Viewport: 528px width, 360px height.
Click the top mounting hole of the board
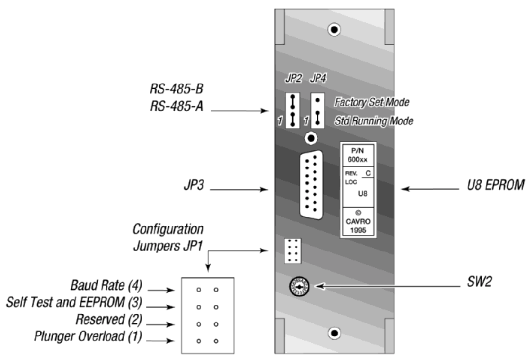[335, 30]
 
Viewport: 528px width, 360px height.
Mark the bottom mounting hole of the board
[335, 333]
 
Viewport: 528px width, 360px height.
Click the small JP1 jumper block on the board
[292, 250]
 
